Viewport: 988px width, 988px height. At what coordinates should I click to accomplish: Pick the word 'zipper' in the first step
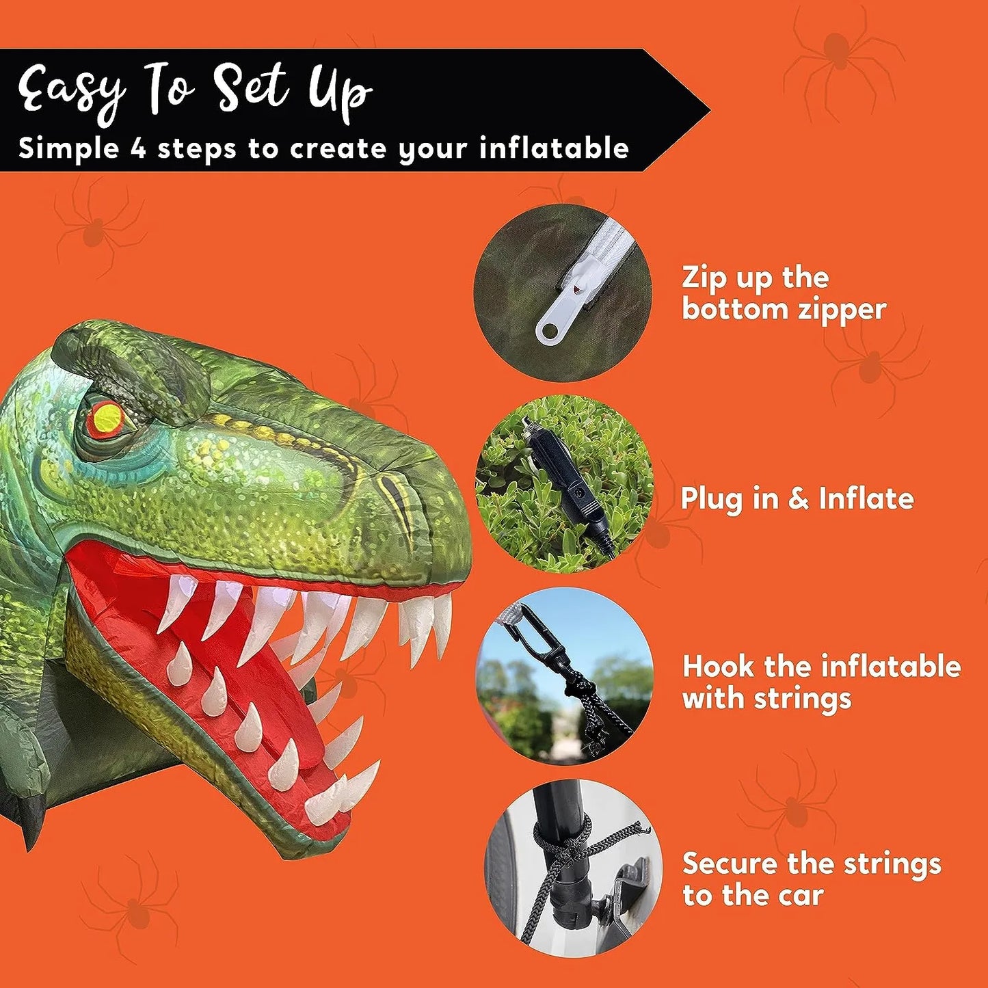click(836, 310)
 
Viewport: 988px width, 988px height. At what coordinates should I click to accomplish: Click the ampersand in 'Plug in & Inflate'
click(799, 498)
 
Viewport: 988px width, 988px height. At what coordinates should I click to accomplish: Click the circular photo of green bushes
click(564, 483)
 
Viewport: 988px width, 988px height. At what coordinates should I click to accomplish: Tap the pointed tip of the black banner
click(710, 109)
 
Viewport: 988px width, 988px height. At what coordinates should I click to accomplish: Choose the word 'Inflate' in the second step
click(866, 498)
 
